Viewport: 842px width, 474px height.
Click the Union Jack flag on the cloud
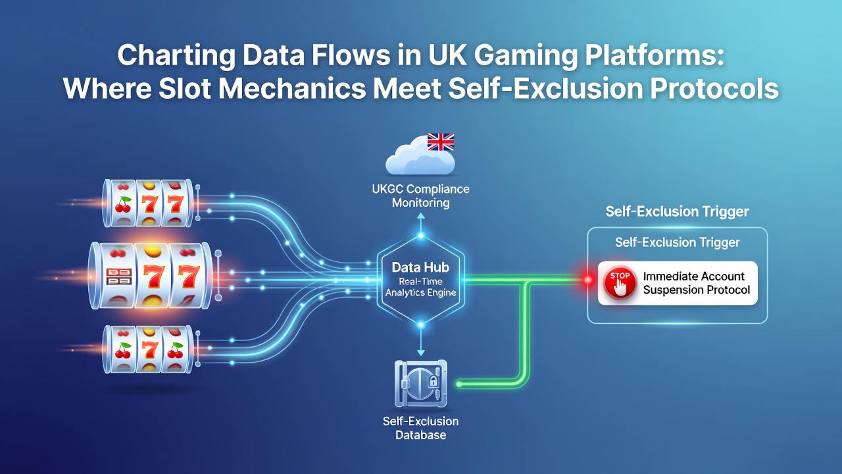point(441,142)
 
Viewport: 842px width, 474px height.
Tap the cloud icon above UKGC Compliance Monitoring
point(420,156)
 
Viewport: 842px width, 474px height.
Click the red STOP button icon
point(620,283)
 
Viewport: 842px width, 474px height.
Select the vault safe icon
point(420,384)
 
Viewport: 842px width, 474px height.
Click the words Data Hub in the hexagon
point(420,267)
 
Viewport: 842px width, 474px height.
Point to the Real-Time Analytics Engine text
point(420,287)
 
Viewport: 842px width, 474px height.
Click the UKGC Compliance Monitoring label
point(420,196)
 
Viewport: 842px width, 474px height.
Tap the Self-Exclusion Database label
point(420,428)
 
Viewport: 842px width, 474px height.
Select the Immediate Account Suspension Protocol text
point(696,283)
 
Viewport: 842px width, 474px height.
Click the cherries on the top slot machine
point(123,204)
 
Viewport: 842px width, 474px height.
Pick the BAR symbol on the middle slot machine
point(119,276)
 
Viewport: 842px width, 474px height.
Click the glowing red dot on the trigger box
point(588,280)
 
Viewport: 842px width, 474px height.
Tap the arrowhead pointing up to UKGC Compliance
point(421,216)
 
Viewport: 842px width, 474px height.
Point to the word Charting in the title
point(176,55)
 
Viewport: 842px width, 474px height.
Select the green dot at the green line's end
point(459,384)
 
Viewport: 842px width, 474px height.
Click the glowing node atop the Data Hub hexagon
point(421,236)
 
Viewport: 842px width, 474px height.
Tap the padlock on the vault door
point(433,381)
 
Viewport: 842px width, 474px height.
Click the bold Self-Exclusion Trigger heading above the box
point(677,211)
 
